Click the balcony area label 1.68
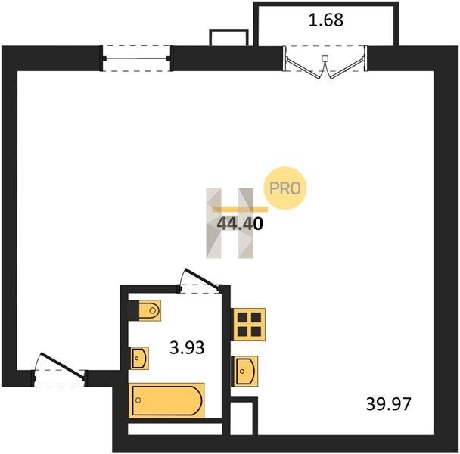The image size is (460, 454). pyautogui.click(x=326, y=20)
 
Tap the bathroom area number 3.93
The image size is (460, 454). pyautogui.click(x=187, y=348)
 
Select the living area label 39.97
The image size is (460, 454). pyautogui.click(x=388, y=404)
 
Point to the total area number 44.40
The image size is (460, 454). pyautogui.click(x=240, y=224)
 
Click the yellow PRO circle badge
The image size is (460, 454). pyautogui.click(x=285, y=188)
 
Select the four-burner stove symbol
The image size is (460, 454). pyautogui.click(x=248, y=325)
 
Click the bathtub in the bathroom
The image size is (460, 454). pyautogui.click(x=166, y=400)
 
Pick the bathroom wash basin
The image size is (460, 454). pyautogui.click(x=140, y=358)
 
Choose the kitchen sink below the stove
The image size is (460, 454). pyautogui.click(x=245, y=372)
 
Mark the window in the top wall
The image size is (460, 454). pyautogui.click(x=137, y=58)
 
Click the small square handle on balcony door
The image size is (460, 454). pyautogui.click(x=325, y=58)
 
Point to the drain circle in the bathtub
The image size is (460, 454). pyautogui.click(x=138, y=400)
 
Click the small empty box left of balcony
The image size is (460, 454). pyautogui.click(x=228, y=38)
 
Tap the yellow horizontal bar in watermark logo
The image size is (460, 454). pyautogui.click(x=240, y=210)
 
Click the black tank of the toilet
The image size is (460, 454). pyautogui.click(x=133, y=310)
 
